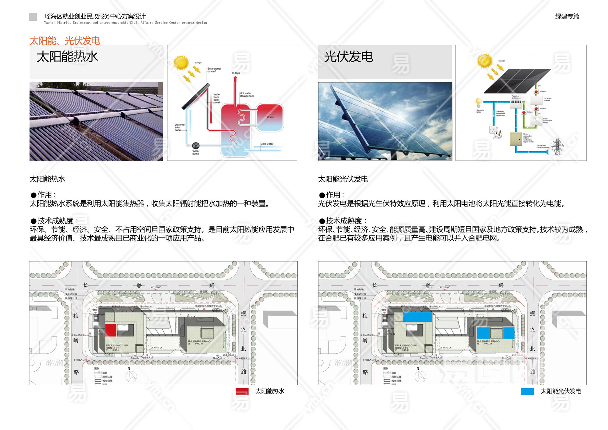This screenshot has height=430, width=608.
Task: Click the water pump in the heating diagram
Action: pyautogui.click(x=196, y=145)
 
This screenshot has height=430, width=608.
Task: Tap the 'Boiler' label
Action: pyautogui.click(x=270, y=117)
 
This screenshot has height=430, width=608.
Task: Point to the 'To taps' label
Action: pyautogui.click(x=236, y=73)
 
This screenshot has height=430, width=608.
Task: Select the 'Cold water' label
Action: pyautogui.click(x=267, y=144)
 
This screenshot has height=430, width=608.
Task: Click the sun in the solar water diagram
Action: pyautogui.click(x=181, y=63)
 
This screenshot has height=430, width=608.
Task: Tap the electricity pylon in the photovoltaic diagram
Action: pyautogui.click(x=557, y=147)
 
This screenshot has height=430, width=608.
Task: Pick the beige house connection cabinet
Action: pyautogui.click(x=516, y=139)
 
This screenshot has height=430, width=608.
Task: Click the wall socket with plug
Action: pyautogui.click(x=494, y=131)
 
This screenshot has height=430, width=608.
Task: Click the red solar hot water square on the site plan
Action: pyautogui.click(x=111, y=330)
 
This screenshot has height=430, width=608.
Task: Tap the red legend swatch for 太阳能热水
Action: pyautogui.click(x=242, y=391)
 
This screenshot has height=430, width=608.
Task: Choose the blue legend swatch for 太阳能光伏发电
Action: pyautogui.click(x=527, y=391)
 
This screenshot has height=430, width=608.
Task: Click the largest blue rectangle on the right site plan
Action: pyautogui.click(x=418, y=317)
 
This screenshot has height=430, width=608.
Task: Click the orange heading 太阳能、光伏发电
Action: pyautogui.click(x=65, y=41)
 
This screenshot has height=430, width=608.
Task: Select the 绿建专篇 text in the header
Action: pyautogui.click(x=567, y=16)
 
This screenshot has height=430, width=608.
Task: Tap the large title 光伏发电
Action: pyautogui.click(x=348, y=57)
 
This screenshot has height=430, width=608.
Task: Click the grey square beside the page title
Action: pyautogui.click(x=33, y=17)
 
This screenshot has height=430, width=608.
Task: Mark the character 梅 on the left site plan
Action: pyautogui.click(x=76, y=316)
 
